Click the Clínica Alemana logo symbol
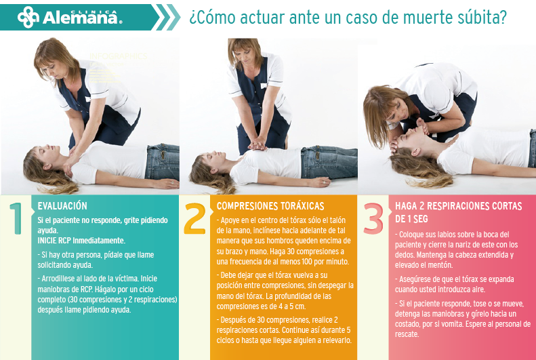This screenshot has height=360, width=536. click(x=28, y=17)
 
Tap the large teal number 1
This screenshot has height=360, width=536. click(x=16, y=218)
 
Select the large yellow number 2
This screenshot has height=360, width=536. click(x=195, y=219)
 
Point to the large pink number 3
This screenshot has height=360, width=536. click(x=373, y=219)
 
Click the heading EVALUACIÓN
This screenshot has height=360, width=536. click(x=62, y=206)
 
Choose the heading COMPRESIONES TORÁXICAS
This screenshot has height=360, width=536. click(x=270, y=206)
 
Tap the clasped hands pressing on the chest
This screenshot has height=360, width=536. click(x=257, y=146)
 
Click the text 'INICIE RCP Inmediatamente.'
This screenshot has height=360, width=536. click(x=81, y=241)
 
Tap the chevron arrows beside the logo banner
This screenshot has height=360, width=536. click(x=166, y=17)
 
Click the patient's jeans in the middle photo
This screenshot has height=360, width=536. click(x=329, y=163)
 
